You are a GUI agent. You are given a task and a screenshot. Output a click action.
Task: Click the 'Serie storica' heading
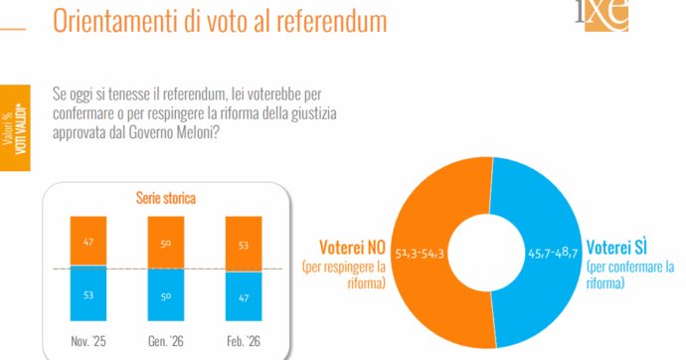coord(166,198)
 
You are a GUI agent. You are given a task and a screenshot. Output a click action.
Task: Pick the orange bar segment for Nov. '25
coord(87,242)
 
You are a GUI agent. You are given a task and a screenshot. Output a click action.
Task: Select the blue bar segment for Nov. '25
coord(87,295)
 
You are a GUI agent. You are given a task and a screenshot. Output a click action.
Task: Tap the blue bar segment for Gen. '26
coord(165,296)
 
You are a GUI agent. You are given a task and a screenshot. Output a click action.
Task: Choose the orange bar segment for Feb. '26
coord(243,245)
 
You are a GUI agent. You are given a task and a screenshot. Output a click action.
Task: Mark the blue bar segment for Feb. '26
coord(243,297)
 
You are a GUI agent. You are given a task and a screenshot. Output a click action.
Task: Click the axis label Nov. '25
coord(87,340)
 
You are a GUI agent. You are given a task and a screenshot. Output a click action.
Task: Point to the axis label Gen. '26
coord(165,340)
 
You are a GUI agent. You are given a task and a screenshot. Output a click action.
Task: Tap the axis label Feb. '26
coord(243,340)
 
